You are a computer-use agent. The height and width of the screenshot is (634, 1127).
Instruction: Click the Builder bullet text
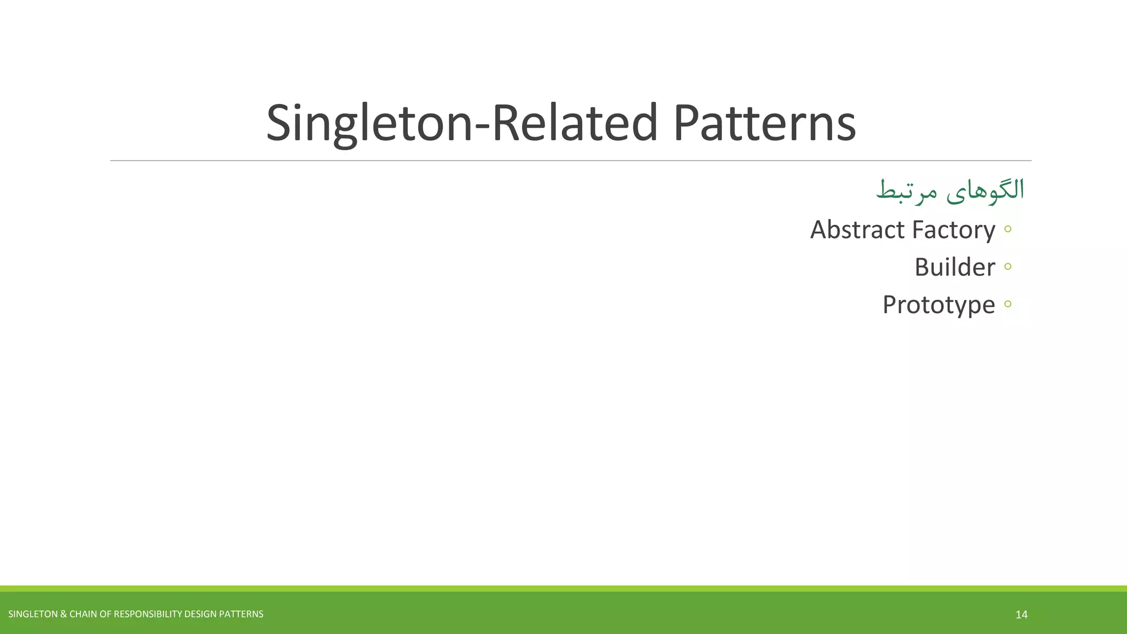coord(955,267)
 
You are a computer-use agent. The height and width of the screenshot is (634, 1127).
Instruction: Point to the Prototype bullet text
coord(939,305)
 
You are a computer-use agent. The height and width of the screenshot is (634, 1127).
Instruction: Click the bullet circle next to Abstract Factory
coord(1008,229)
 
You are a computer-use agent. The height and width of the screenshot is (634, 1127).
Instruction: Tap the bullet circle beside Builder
coord(1008,266)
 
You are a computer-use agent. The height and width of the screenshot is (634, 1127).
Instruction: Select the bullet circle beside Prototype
coord(1008,304)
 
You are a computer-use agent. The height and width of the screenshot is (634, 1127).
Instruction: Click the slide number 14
coord(1021,615)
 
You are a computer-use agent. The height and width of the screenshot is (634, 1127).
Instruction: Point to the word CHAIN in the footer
coord(83,614)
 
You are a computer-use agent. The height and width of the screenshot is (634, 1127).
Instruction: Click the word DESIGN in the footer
coord(200,614)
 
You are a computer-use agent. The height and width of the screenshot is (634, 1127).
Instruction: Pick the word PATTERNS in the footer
coord(241,614)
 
